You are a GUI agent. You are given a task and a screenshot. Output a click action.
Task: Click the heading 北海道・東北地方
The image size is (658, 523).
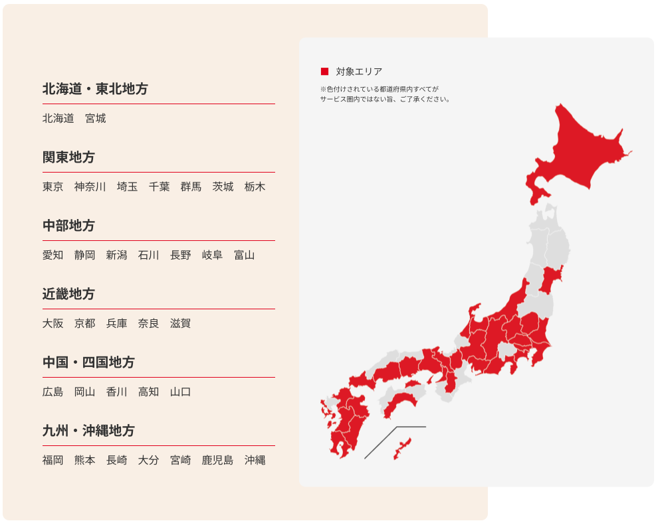point(95,89)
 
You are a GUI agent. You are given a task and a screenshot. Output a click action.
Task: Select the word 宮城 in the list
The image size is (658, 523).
point(96,119)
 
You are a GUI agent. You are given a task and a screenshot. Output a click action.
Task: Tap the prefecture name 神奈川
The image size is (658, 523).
point(90,187)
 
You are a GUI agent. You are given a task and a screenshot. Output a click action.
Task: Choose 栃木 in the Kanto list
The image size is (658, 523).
point(255,187)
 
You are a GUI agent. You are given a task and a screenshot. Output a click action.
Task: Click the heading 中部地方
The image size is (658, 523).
point(68,226)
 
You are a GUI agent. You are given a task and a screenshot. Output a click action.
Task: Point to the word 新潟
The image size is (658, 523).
point(116,256)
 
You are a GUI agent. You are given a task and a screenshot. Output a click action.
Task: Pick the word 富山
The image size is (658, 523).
point(244,256)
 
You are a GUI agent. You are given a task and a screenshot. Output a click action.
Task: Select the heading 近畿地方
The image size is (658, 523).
point(68,294)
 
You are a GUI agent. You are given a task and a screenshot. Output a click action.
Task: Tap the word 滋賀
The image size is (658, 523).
point(180,324)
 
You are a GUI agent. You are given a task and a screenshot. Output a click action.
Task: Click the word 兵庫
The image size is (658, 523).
point(116,324)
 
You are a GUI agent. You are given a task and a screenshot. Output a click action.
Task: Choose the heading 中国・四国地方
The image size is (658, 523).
point(88,362)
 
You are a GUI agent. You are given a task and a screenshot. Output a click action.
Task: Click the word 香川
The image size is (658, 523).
point(116,392)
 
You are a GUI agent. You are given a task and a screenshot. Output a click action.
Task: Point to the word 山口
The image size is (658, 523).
point(180,392)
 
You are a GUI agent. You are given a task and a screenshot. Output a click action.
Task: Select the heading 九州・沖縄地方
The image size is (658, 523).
point(88,431)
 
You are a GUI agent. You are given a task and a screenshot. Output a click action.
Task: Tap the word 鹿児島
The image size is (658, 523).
point(217,461)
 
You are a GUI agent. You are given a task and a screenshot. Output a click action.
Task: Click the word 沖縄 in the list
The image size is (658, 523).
point(255,461)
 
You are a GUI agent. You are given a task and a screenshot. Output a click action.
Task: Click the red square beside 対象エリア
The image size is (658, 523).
point(324,72)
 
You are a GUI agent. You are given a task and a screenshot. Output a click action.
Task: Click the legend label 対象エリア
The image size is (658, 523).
point(359,72)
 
